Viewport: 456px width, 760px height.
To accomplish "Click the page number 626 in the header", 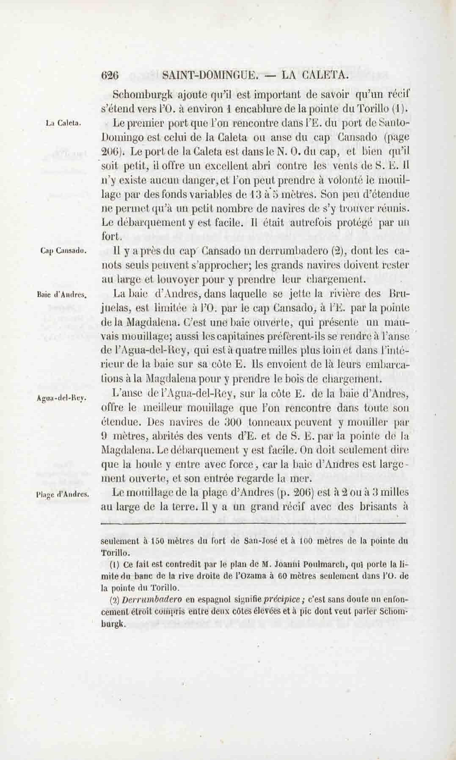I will click(x=110, y=75).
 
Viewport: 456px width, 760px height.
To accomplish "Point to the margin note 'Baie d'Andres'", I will click(x=62, y=295).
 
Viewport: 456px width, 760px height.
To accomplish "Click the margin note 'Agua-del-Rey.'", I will click(x=61, y=398).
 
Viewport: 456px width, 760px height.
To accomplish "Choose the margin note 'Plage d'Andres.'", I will click(x=62, y=494).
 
